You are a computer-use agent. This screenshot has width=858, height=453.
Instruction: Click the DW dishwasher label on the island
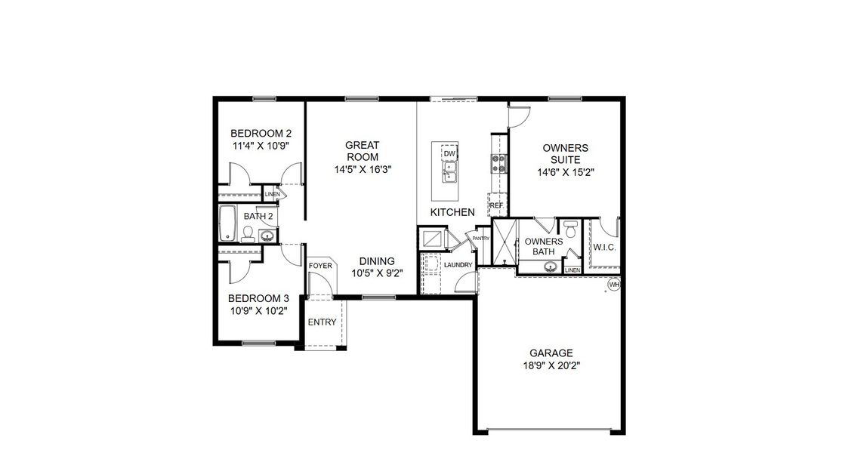click(449, 154)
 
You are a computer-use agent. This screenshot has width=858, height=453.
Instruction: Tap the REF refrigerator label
click(496, 205)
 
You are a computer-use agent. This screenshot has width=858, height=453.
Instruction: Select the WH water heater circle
click(614, 285)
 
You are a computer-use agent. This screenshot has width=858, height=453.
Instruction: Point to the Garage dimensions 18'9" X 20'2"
click(551, 365)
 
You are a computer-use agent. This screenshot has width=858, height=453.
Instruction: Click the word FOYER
click(320, 266)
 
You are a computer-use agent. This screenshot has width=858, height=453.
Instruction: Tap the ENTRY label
click(323, 322)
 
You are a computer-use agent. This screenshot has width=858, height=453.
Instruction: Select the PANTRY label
click(481, 239)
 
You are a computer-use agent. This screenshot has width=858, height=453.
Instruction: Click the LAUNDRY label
click(458, 265)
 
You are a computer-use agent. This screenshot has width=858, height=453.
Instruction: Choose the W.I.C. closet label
click(605, 247)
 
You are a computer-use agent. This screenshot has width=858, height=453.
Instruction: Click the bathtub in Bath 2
click(227, 223)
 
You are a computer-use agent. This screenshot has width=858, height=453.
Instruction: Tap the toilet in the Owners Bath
click(571, 227)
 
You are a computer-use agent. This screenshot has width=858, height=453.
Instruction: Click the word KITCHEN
click(452, 212)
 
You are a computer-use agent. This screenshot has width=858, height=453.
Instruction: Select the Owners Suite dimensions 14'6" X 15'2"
click(565, 171)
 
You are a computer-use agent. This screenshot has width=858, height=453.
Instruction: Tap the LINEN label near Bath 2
click(273, 195)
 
